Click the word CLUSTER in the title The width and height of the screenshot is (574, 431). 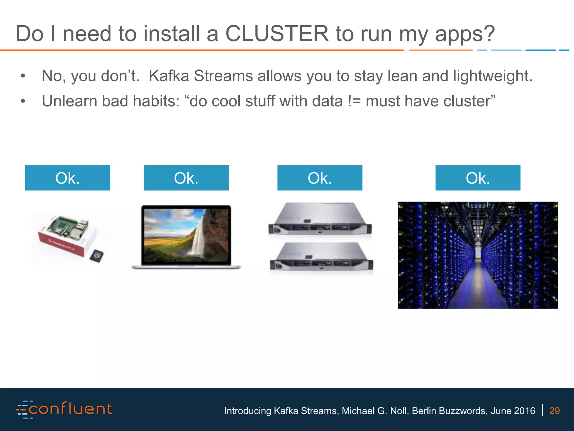click(x=277, y=34)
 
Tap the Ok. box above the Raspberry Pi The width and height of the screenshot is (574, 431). click(x=67, y=178)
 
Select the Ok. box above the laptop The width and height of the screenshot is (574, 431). click(x=186, y=178)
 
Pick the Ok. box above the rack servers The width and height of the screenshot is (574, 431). click(x=320, y=178)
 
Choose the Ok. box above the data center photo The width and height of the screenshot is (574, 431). click(x=478, y=178)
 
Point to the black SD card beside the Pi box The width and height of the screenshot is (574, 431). click(x=97, y=256)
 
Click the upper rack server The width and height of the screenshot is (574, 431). click(x=320, y=219)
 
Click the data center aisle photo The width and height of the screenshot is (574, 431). click(x=478, y=255)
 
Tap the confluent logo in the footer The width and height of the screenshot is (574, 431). click(x=64, y=409)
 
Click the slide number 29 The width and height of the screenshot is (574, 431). click(x=554, y=411)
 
